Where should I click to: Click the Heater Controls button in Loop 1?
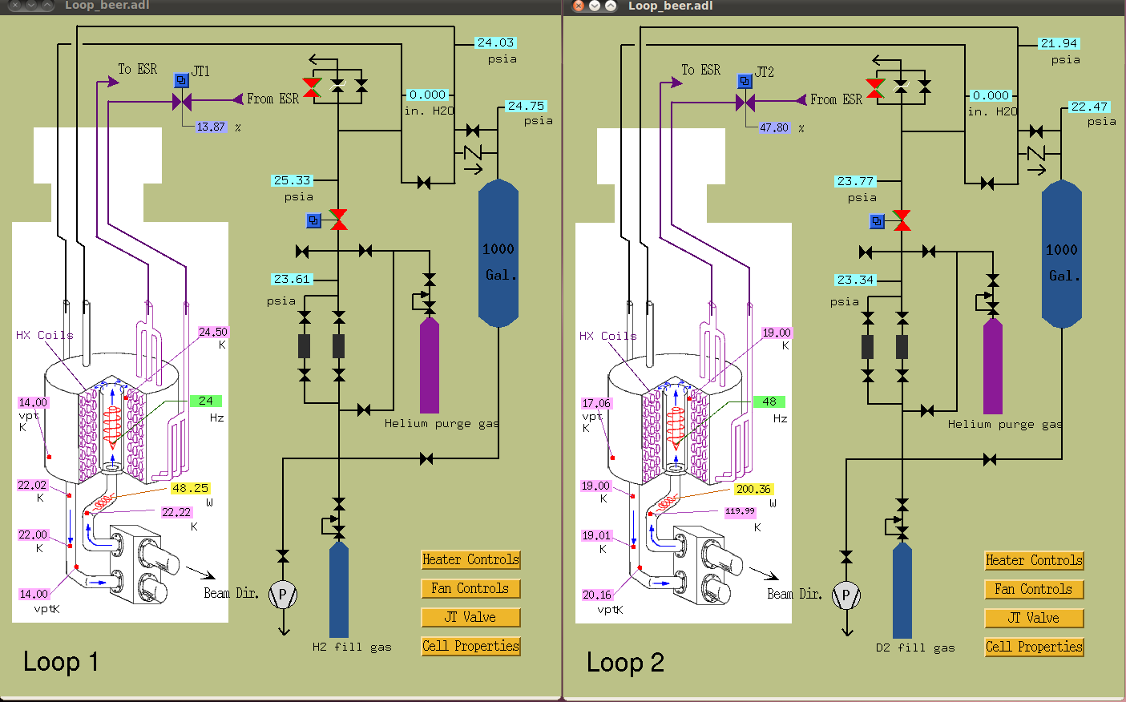click(470, 559)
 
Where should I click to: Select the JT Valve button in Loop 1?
click(470, 617)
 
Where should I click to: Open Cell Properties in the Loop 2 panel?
click(1034, 647)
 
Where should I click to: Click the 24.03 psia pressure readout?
click(495, 42)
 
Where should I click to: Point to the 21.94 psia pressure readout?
click(1059, 44)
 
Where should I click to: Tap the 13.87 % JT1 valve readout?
click(211, 127)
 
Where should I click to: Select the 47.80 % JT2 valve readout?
click(775, 127)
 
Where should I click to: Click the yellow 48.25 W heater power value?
click(190, 488)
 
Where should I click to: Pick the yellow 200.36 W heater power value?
click(753, 489)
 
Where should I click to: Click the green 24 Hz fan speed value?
click(206, 401)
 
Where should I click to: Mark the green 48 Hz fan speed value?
click(769, 402)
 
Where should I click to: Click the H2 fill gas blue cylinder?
click(339, 590)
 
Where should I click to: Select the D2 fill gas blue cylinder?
click(902, 591)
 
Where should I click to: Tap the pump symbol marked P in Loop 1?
click(283, 595)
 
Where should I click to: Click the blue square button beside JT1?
click(181, 80)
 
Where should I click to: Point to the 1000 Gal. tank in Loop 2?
click(1062, 254)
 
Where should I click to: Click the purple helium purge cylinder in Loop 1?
click(430, 365)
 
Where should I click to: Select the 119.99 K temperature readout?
click(740, 511)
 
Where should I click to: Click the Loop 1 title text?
click(61, 662)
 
